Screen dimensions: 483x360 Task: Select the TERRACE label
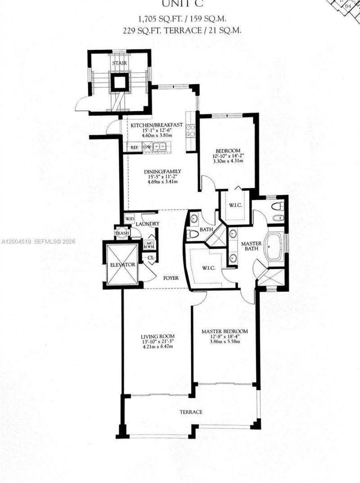pos(191,412)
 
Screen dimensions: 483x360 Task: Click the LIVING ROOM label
pos(157,336)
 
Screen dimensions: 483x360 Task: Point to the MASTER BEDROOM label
pos(225,331)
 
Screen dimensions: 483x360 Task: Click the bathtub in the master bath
pos(273,246)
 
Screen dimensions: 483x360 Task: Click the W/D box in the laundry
pos(130,219)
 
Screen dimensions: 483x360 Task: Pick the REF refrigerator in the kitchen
pos(134,147)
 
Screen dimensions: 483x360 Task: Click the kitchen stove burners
pos(190,130)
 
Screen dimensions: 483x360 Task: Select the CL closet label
pos(151,257)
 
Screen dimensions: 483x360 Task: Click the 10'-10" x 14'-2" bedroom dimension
pos(227,156)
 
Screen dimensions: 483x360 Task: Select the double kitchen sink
pos(158,147)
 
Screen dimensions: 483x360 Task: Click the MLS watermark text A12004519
pos(16,241)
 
